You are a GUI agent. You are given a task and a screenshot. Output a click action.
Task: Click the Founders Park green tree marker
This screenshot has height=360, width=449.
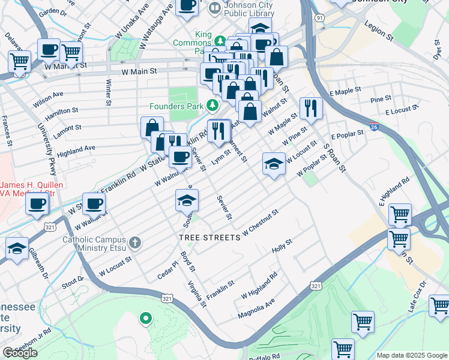[212, 106]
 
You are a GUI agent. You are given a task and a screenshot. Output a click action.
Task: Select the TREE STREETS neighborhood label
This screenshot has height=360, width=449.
[210, 238]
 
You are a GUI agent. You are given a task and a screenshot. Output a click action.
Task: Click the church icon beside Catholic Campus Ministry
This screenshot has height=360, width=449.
[136, 242]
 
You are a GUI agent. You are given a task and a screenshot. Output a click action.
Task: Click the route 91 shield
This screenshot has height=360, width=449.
[321, 19]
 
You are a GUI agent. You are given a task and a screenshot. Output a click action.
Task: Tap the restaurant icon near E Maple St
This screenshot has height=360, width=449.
[310, 109]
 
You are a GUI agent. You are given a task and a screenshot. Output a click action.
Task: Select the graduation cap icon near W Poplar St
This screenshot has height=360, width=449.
[273, 164]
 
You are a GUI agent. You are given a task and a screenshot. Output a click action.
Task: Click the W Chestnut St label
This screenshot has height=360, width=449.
[261, 221]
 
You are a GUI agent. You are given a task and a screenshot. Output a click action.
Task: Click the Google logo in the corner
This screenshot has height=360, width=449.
[20, 352]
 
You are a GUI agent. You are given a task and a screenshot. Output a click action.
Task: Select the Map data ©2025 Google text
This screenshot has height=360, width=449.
[411, 355]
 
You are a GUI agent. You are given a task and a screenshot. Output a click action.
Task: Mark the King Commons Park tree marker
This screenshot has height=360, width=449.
[220, 41]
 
